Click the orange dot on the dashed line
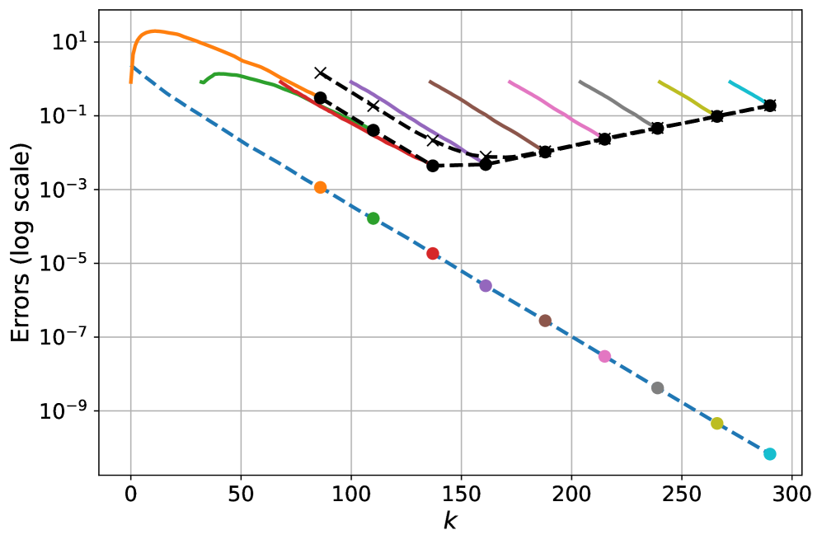coord(320,187)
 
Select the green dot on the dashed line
coord(373,218)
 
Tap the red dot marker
coord(432,253)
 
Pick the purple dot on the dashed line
coord(486,286)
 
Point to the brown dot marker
coord(545,321)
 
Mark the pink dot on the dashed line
coord(604,356)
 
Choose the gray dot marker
coord(657,388)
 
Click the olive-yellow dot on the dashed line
coord(716,424)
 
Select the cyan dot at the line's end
coord(769,454)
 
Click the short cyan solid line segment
coord(746,91)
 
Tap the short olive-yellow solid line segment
coord(684,96)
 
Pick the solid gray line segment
coord(615,102)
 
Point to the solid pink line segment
coord(553,107)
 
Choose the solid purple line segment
coord(412,118)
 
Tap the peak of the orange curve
coord(154,30)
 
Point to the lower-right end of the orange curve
coord(313,94)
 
